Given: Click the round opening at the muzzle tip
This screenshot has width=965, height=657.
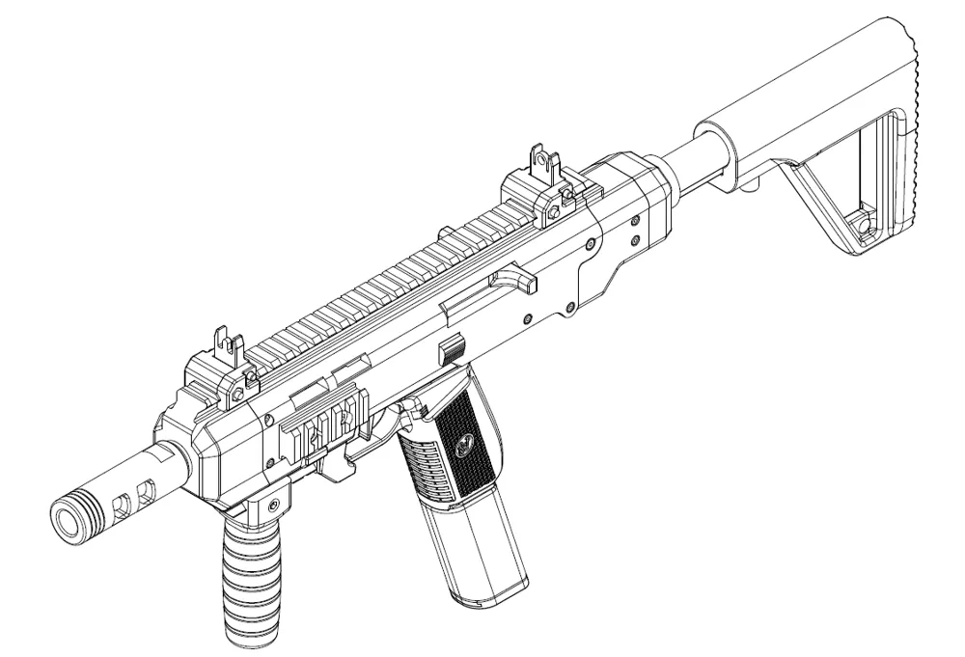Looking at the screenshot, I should click(x=69, y=517).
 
